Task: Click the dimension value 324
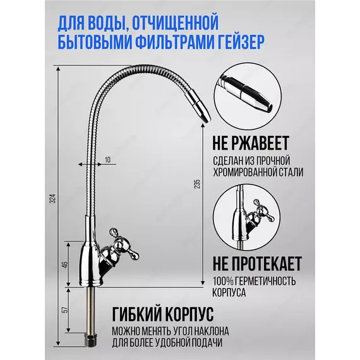tap(53, 199)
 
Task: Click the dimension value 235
tap(197, 184)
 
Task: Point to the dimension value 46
tap(66, 265)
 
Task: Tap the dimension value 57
tap(66, 309)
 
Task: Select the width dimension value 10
tap(107, 160)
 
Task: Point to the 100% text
tap(222, 281)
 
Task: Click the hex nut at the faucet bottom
tap(92, 340)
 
